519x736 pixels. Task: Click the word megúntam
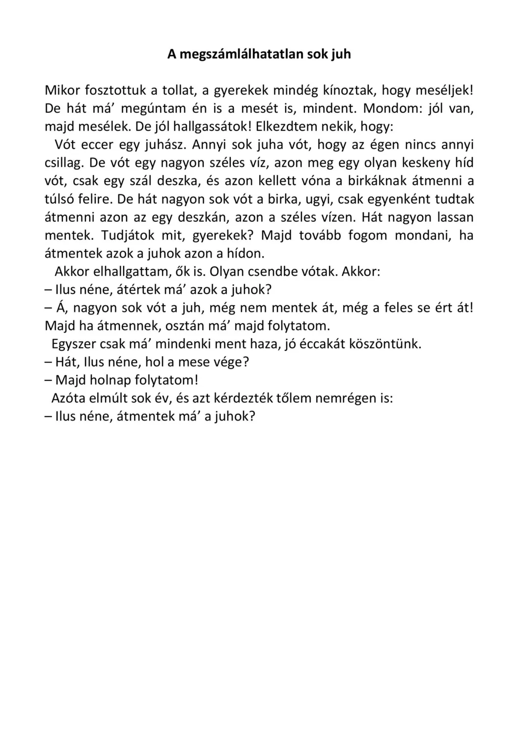point(153,108)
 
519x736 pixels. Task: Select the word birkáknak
point(378,181)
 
